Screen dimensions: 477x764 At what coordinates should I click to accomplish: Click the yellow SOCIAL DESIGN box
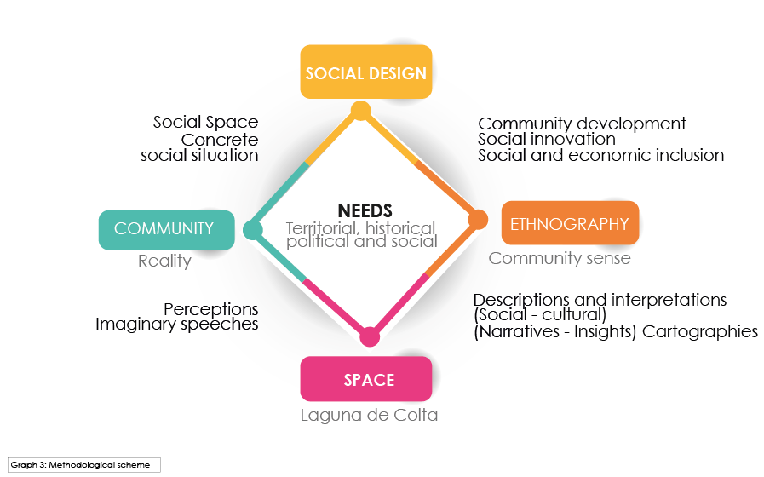point(366,72)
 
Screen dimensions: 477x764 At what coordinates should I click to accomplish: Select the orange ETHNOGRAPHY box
point(569,224)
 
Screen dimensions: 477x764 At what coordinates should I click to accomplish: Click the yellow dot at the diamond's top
point(360,111)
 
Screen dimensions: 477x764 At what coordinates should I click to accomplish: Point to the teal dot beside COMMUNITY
point(252,229)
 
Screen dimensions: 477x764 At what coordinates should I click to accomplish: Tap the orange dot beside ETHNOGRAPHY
point(478,220)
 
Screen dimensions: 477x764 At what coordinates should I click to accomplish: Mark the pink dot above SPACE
point(370,336)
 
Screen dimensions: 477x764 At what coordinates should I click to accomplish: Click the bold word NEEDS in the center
point(365,210)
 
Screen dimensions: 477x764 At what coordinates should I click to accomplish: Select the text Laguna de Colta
point(369,417)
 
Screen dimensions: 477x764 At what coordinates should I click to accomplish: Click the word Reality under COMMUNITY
point(164,261)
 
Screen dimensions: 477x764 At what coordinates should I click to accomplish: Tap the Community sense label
point(560,258)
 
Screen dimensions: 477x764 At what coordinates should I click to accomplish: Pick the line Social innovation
point(546,139)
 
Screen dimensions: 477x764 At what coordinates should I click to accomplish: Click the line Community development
point(582,124)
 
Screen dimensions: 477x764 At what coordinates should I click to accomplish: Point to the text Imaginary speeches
point(176,325)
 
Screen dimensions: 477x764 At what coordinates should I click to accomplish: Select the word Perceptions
point(210,308)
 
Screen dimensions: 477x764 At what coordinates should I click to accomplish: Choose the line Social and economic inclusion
point(600,155)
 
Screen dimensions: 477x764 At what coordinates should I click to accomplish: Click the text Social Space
point(205,123)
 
